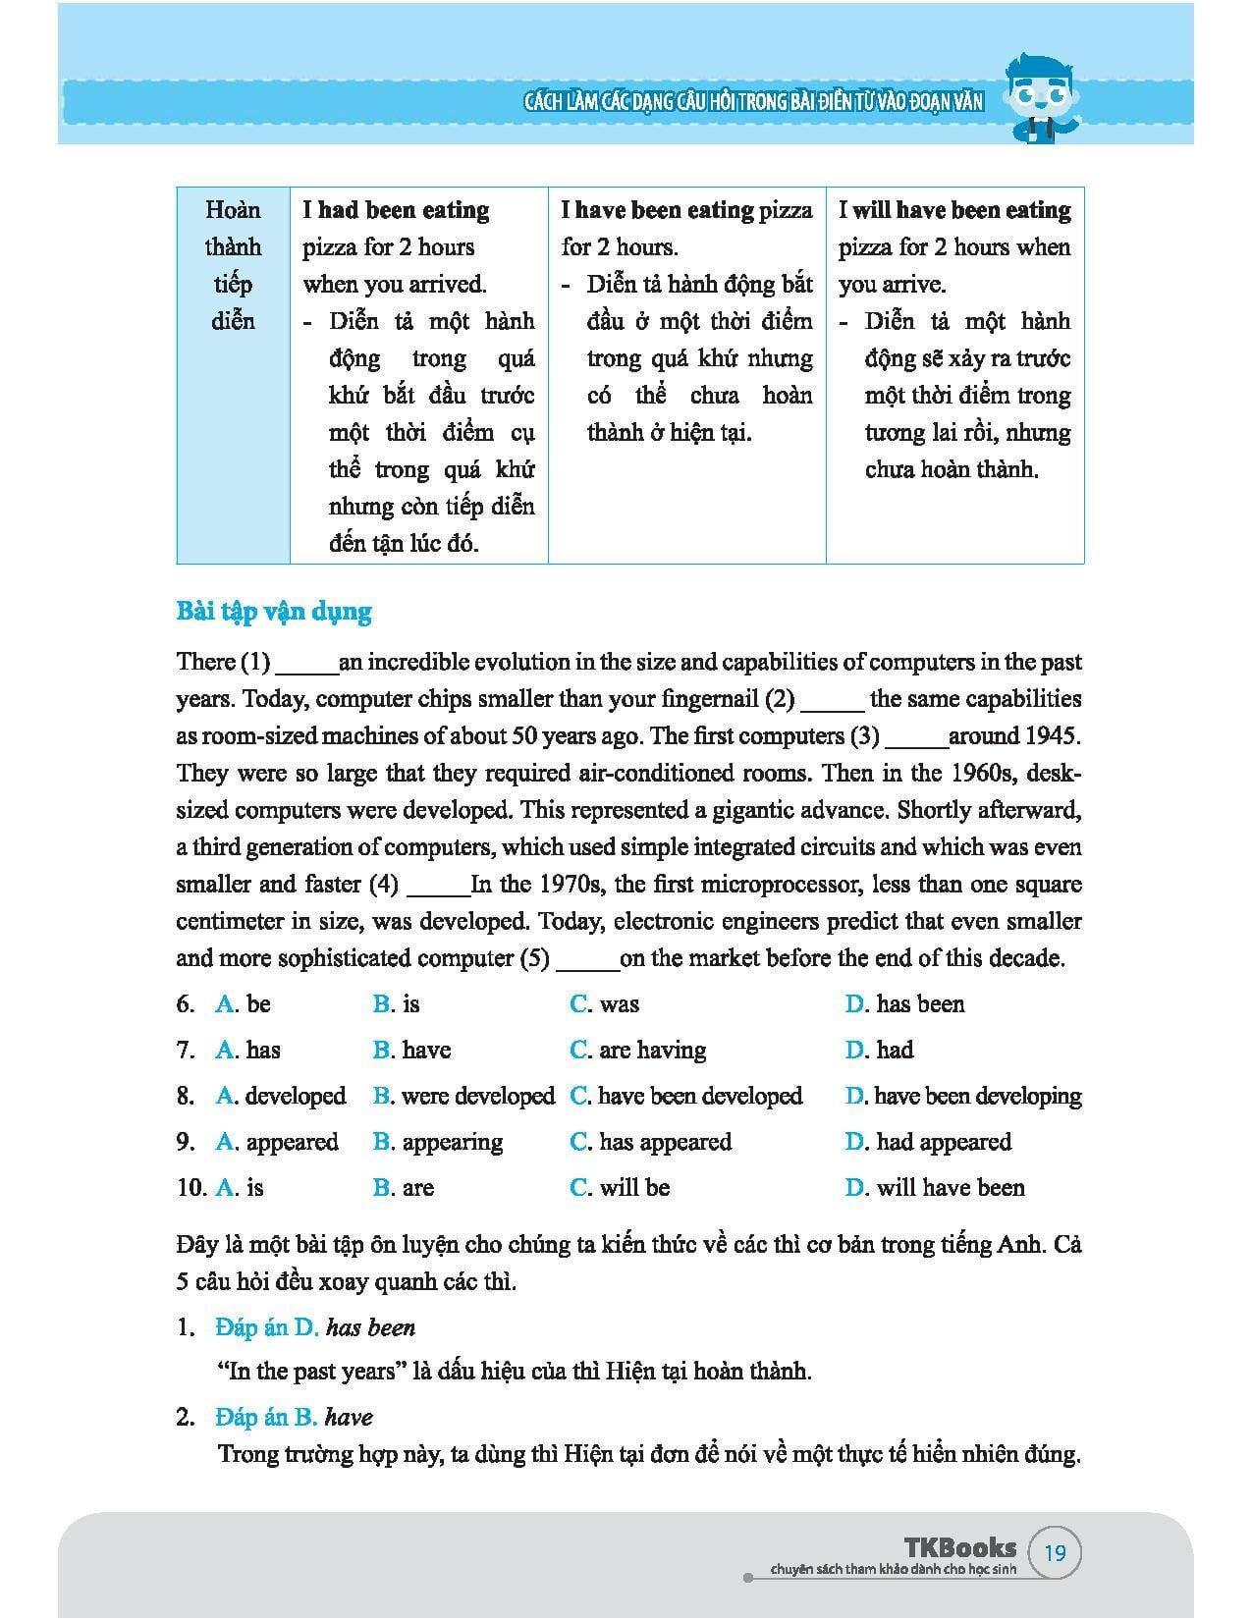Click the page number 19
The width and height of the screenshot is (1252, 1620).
click(1055, 1552)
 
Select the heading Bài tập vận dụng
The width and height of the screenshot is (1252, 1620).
click(274, 612)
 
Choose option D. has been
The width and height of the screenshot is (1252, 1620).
click(904, 1003)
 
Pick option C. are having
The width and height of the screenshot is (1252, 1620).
click(637, 1050)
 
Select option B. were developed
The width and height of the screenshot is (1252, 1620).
click(463, 1096)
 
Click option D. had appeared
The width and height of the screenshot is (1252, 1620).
click(927, 1142)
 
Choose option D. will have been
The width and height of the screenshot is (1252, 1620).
click(934, 1188)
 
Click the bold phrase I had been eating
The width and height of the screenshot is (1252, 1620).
click(396, 210)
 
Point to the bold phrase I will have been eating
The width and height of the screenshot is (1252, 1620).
click(954, 210)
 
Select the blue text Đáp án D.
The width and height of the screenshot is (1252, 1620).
click(267, 1327)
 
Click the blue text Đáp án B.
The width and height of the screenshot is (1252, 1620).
click(266, 1417)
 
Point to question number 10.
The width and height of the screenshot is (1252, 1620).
click(191, 1188)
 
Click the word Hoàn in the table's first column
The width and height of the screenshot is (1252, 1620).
click(233, 210)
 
